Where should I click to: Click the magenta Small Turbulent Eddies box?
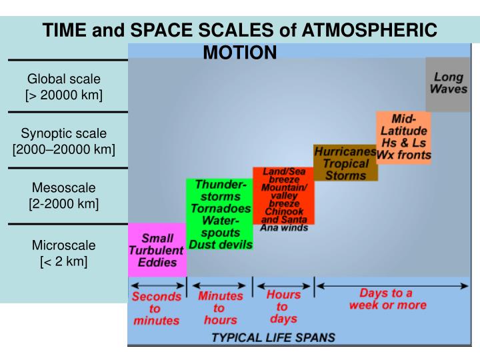(x=157, y=250)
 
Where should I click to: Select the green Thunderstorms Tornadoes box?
(x=219, y=215)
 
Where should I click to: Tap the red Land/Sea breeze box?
(x=283, y=199)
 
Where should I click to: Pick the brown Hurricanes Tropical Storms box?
(x=345, y=163)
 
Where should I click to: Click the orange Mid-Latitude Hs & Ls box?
(x=403, y=137)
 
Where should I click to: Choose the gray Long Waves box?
(x=448, y=83)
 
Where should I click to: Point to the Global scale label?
(x=64, y=79)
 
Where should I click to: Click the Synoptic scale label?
(x=64, y=133)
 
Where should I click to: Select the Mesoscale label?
(x=64, y=187)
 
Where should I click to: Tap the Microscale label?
(x=64, y=245)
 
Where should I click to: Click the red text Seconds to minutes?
(x=156, y=309)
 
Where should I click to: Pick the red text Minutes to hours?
(x=220, y=308)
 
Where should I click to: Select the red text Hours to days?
(x=283, y=306)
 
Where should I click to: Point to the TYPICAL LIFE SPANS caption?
(x=273, y=337)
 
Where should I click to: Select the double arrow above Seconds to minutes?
(x=157, y=286)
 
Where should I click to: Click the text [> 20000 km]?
(x=64, y=95)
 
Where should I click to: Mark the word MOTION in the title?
(x=239, y=52)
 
